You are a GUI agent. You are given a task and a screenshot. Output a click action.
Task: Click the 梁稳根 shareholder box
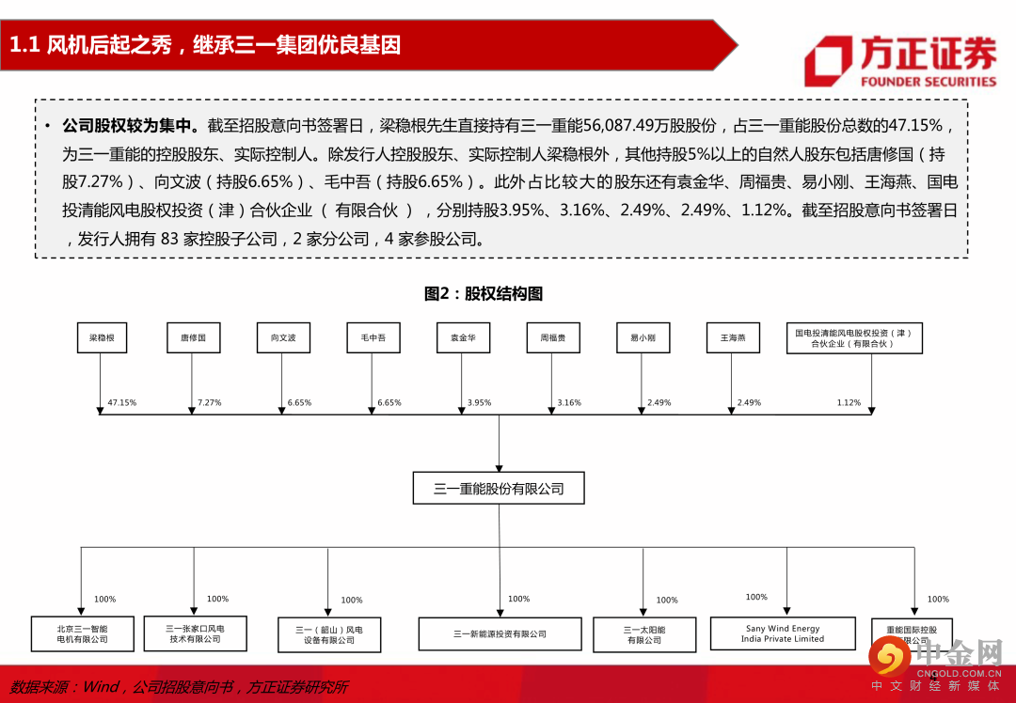(102, 337)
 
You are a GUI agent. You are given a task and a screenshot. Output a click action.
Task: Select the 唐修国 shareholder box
(193, 337)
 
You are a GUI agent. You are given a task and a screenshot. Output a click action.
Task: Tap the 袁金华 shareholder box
(463, 337)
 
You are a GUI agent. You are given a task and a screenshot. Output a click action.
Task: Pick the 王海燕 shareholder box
(733, 337)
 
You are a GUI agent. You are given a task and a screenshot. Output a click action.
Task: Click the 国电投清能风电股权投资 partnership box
(854, 338)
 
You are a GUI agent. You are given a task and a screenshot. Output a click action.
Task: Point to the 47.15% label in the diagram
(122, 403)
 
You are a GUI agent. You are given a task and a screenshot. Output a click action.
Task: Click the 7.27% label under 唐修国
(209, 403)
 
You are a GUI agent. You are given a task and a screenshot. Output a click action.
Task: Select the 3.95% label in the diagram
(479, 403)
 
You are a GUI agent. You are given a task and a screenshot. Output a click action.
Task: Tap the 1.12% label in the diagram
(849, 403)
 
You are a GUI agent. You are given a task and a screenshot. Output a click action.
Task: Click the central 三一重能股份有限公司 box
(499, 489)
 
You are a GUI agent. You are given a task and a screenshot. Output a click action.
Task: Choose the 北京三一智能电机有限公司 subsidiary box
(83, 633)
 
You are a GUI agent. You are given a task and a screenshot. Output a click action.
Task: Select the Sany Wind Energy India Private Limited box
(783, 633)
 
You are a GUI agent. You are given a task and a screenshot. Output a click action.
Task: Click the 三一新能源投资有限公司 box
(500, 634)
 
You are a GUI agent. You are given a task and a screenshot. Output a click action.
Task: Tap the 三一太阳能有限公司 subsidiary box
(644, 634)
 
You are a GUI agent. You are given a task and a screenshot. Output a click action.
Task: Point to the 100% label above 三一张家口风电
(217, 600)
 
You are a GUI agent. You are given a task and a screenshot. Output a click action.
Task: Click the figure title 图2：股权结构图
(484, 294)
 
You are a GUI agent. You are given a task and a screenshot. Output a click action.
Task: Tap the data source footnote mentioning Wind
(179, 687)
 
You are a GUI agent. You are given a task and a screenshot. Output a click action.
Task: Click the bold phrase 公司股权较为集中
(129, 125)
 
